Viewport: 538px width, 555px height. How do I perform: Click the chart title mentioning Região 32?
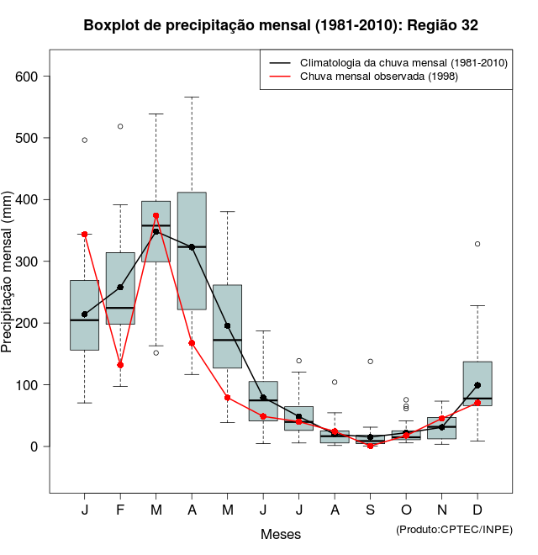281,25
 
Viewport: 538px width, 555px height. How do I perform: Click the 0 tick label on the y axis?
34,447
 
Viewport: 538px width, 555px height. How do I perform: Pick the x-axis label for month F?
120,511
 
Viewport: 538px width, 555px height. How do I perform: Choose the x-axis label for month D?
477,511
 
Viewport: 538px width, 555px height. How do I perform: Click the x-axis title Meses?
281,534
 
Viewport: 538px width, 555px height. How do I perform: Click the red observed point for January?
84,235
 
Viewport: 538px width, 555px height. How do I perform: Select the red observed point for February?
120,365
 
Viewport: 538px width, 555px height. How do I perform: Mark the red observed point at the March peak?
156,216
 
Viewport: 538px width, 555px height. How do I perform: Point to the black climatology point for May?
227,326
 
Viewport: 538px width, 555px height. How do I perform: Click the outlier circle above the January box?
84,140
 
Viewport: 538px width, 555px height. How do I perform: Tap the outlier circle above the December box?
477,244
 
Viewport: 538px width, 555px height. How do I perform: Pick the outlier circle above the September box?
370,362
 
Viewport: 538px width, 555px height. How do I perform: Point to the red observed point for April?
192,343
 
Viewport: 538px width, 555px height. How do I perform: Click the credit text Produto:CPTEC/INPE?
454,529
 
